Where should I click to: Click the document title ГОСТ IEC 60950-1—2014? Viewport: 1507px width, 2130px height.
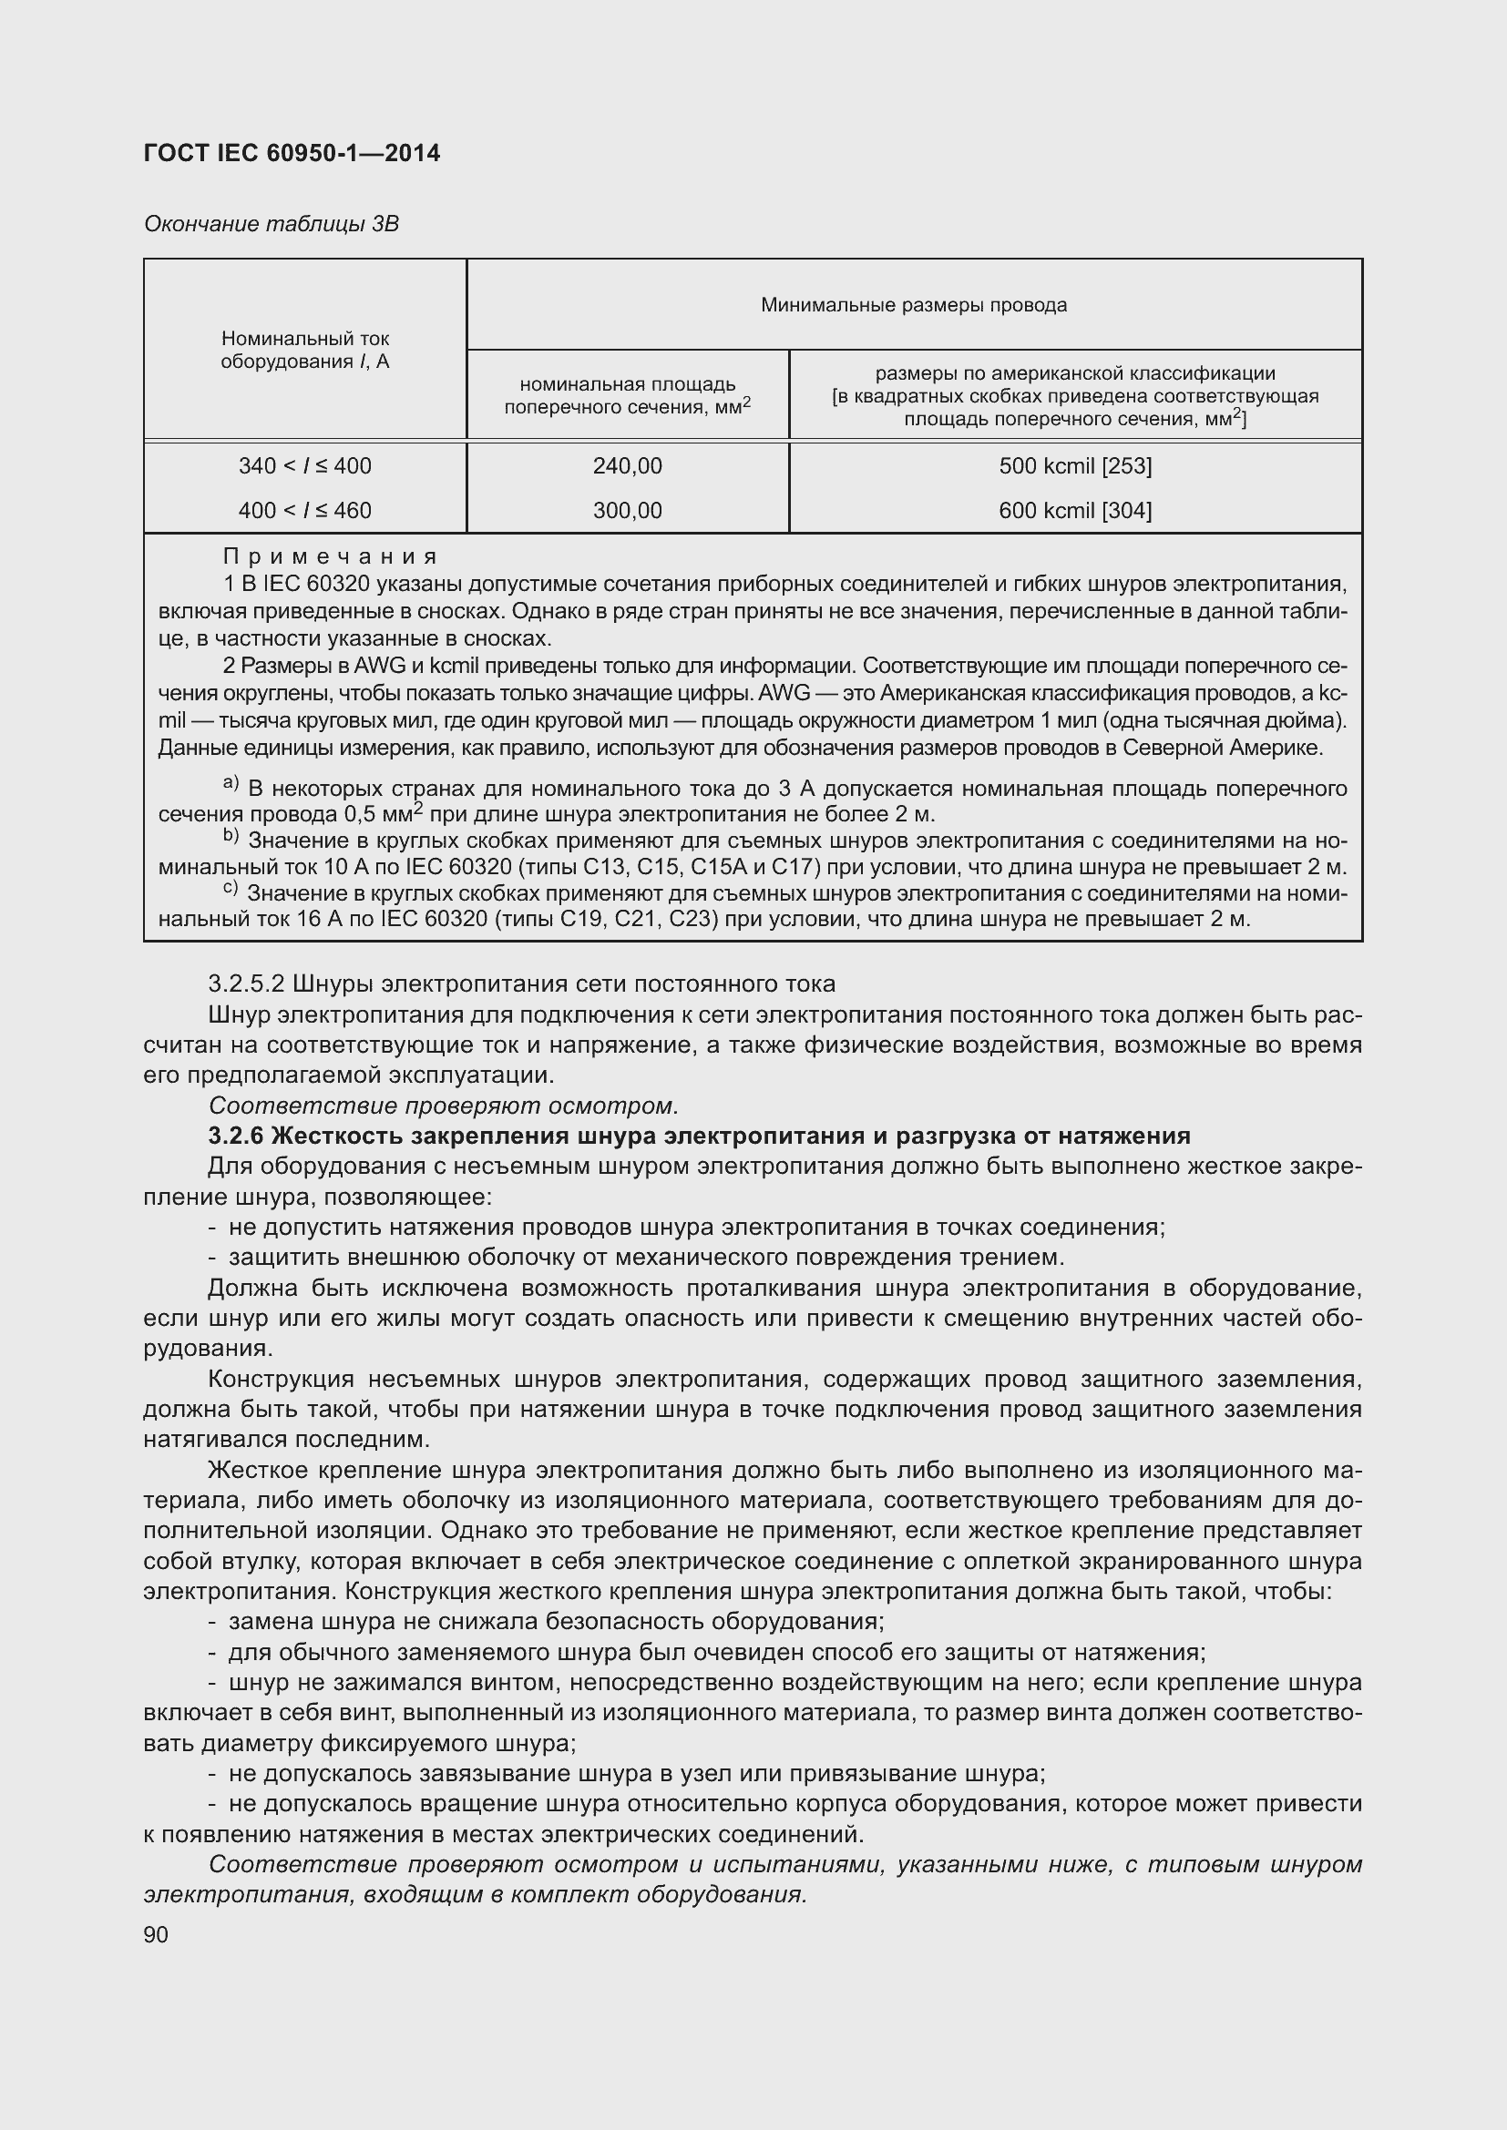292,153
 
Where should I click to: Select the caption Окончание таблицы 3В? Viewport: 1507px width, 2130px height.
271,224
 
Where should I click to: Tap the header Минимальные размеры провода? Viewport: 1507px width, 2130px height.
913,305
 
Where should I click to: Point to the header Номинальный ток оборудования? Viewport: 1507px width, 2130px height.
304,350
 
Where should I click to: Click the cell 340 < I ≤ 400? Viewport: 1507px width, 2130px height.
304,465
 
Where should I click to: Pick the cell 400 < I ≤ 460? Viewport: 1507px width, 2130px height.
304,510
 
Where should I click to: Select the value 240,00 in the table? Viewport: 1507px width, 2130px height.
627,465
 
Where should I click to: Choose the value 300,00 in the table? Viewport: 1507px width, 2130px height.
627,510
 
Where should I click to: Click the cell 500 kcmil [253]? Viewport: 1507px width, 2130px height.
1074,465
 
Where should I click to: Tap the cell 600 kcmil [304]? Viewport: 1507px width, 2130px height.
1074,510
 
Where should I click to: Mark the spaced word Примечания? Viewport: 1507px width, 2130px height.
330,556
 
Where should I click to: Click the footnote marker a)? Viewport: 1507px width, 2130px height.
231,783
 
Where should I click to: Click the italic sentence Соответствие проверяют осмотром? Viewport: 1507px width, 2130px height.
444,1106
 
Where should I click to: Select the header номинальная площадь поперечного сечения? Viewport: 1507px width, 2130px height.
627,395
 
